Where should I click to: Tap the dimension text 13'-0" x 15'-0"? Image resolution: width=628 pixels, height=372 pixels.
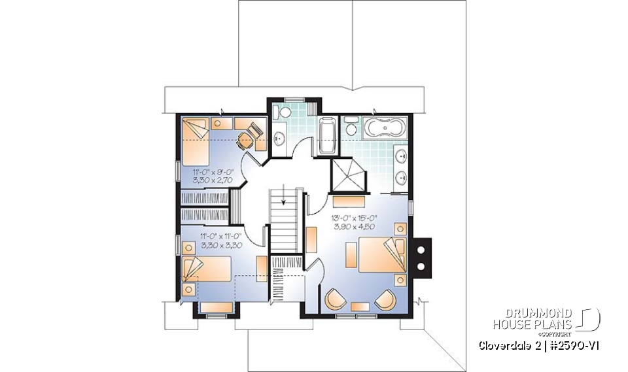[x=353, y=219]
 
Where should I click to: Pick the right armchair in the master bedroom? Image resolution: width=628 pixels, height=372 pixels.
[x=383, y=301]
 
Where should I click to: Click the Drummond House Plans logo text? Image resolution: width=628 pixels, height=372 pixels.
[x=532, y=318]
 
